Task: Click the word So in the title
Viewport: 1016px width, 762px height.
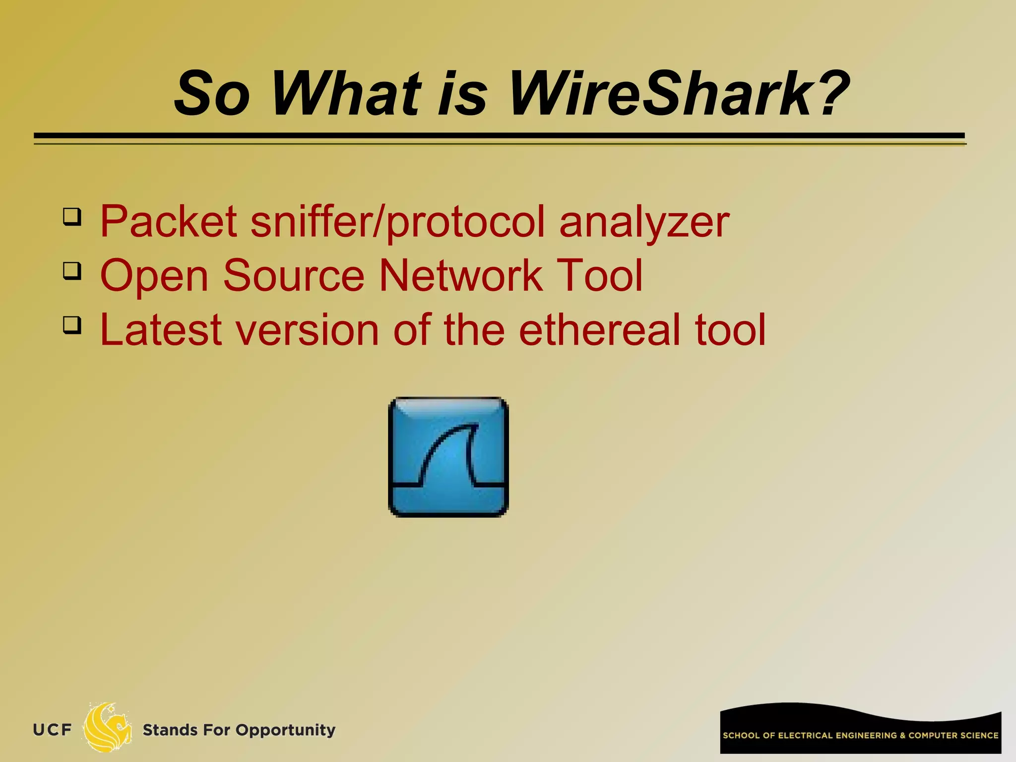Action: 212,94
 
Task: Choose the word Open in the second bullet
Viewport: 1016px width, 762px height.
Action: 154,277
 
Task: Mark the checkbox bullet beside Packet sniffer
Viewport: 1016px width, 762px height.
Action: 72,217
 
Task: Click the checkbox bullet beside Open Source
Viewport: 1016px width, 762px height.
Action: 72,271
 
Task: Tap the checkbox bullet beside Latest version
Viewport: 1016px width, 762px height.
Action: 72,325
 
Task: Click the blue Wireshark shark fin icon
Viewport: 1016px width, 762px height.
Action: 448,457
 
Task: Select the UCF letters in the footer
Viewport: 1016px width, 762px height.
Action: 52,730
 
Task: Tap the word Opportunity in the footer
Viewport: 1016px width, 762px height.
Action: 285,730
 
